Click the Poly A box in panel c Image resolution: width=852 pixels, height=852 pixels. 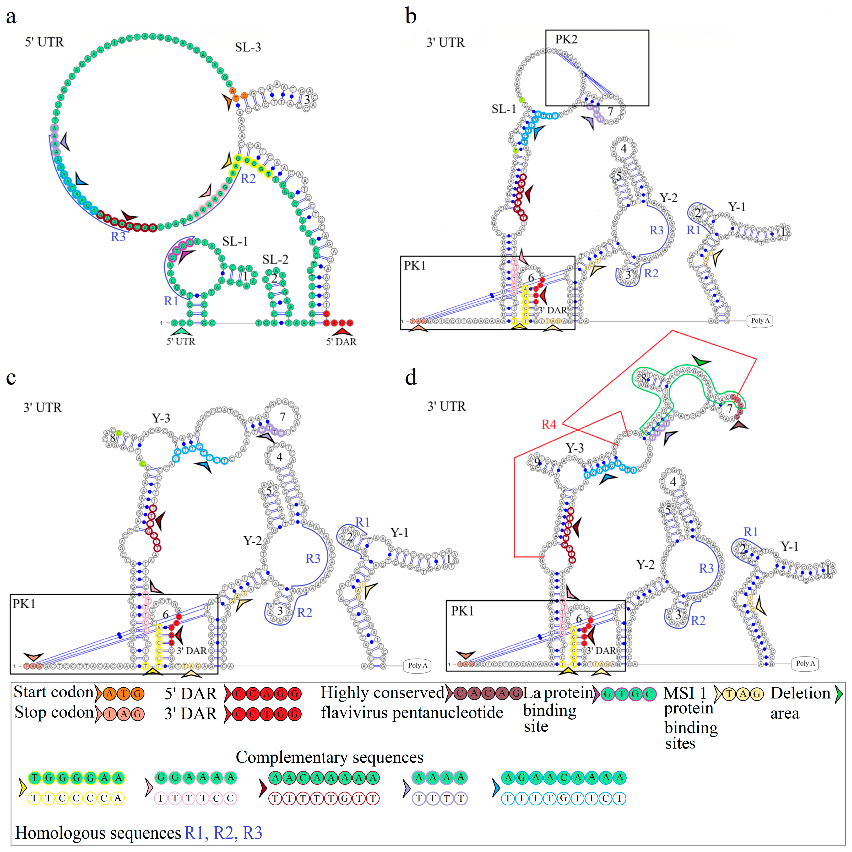(417, 665)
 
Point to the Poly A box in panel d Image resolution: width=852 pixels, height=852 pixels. (805, 663)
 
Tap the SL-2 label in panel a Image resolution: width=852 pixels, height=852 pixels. (275, 259)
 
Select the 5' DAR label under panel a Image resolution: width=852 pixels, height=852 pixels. (341, 341)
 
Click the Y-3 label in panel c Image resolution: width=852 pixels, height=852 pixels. (161, 418)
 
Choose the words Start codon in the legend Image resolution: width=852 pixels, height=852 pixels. (53, 692)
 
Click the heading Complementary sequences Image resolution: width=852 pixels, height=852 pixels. (329, 757)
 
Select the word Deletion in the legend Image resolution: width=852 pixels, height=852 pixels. (800, 693)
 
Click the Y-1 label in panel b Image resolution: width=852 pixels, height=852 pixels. (736, 207)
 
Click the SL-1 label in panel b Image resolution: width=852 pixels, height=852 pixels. (504, 109)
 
